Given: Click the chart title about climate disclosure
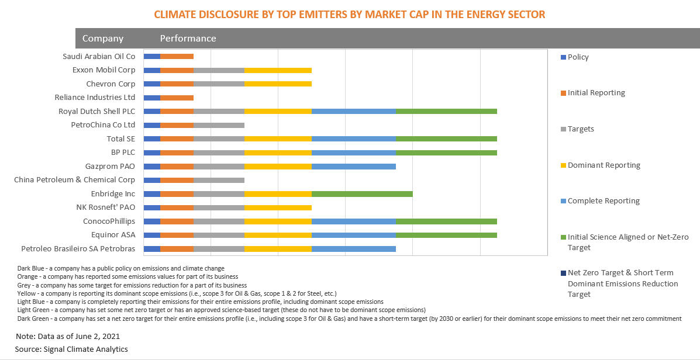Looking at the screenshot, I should click(x=349, y=15).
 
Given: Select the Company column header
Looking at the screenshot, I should click(x=103, y=39).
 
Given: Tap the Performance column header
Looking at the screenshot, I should click(x=188, y=39).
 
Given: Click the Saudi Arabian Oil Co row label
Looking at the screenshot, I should click(x=99, y=57).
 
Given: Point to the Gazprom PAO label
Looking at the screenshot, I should click(x=110, y=167).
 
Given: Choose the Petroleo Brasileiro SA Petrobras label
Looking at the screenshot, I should click(x=78, y=249).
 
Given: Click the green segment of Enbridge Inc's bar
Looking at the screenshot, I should click(x=362, y=194).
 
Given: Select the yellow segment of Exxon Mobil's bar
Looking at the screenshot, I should click(x=278, y=70).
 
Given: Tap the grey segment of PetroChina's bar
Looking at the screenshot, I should click(x=219, y=125).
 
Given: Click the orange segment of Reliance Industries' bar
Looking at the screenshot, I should click(x=177, y=98).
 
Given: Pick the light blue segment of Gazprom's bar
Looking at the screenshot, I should click(x=353, y=167).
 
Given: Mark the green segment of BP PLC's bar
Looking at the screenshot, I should click(x=446, y=153).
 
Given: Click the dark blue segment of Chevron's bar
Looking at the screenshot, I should click(x=151, y=84).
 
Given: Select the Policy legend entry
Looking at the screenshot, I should click(x=578, y=57).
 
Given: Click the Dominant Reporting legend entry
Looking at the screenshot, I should click(x=604, y=165).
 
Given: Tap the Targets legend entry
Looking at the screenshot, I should click(x=580, y=129).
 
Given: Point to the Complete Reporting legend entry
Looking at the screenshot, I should click(x=604, y=201).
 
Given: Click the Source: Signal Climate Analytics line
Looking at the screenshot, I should click(x=71, y=349).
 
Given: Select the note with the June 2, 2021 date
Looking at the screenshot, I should click(x=67, y=337).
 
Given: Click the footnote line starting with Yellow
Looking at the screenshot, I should click(x=177, y=293).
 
